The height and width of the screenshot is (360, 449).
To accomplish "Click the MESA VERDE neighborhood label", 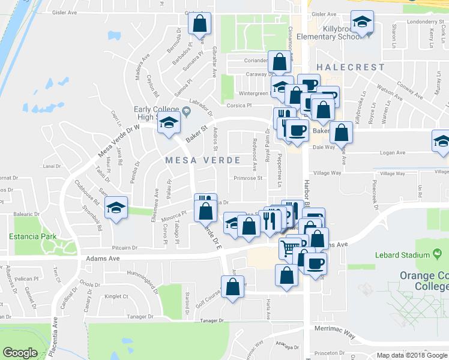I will point(202,160).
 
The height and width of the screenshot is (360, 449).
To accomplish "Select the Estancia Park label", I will point(32,236).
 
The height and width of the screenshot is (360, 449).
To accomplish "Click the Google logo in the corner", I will point(20,353).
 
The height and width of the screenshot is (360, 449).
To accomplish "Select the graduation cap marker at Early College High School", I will point(169,123).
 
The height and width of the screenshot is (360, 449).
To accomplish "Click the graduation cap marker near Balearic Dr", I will point(116,208).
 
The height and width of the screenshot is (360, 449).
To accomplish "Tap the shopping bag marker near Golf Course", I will point(233,286).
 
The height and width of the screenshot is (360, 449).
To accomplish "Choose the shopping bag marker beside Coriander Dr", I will point(280,61).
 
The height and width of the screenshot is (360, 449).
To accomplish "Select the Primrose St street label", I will point(249,178).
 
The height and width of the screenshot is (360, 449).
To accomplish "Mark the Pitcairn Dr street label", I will point(124,248).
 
